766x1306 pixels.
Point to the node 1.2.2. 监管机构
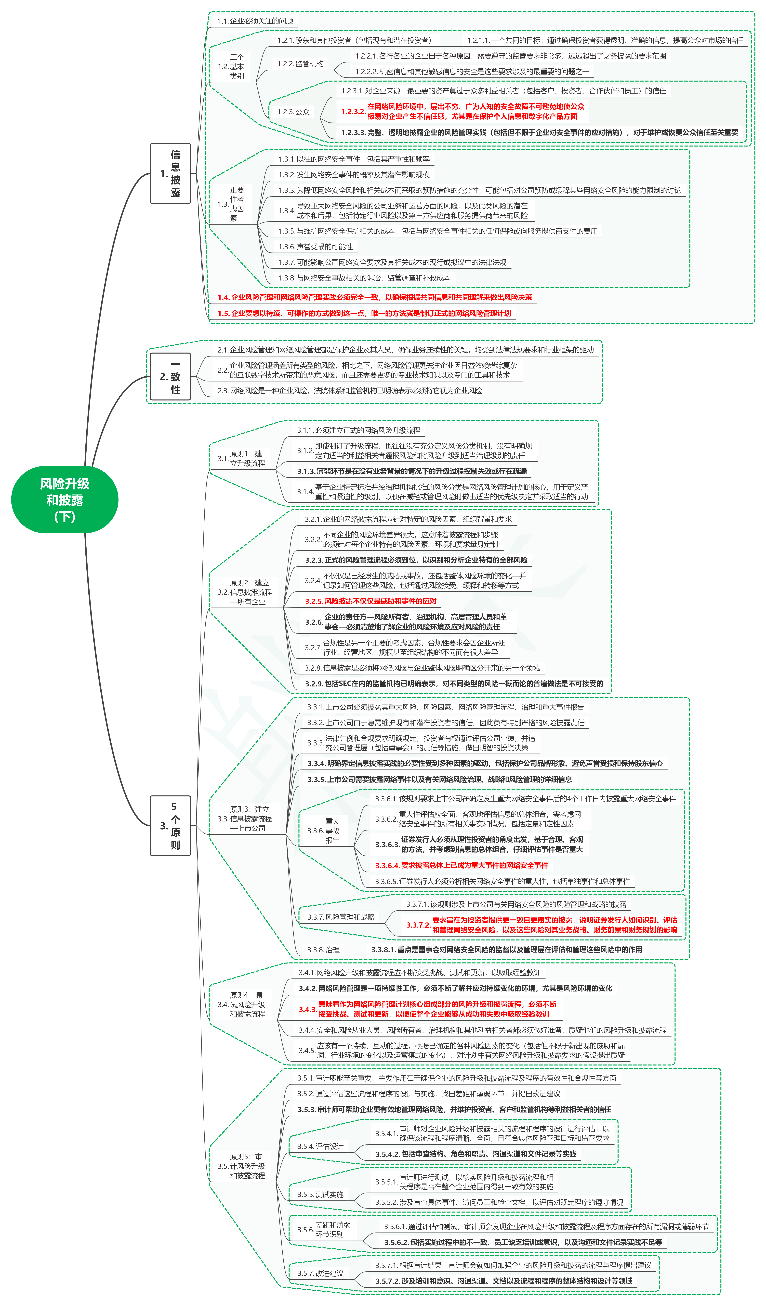click(x=300, y=64)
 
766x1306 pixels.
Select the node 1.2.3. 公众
click(x=293, y=111)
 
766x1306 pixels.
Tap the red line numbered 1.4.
click(x=374, y=297)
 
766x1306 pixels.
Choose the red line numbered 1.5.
click(x=364, y=313)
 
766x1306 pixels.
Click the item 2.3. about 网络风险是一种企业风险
click(x=350, y=390)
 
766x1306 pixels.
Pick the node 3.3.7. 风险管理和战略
click(x=341, y=917)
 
